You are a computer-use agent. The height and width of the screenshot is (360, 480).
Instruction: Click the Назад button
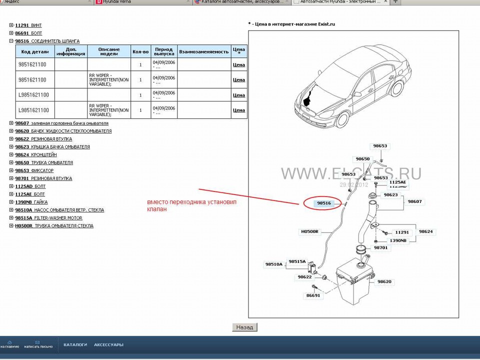(244, 327)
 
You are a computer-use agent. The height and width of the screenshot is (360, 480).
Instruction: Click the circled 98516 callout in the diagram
(324, 203)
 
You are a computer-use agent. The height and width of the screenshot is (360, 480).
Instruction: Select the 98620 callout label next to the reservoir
(384, 282)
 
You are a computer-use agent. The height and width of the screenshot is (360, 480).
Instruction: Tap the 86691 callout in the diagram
(313, 295)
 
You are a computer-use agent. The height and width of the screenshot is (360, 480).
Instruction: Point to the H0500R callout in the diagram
(309, 232)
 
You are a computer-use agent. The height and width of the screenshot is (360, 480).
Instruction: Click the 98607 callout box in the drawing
(414, 201)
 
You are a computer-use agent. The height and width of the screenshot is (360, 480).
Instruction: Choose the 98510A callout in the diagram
(273, 264)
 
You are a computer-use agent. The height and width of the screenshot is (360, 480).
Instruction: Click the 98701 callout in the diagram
(380, 248)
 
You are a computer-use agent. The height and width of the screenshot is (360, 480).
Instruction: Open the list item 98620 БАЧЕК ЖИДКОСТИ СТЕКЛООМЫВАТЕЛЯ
(63, 131)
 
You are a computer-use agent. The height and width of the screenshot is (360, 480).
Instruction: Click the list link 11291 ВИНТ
(28, 25)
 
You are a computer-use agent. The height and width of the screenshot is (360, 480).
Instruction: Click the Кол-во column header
(140, 51)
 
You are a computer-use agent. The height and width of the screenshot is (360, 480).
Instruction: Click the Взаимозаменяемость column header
(203, 51)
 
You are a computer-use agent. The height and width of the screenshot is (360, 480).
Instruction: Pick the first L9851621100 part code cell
(33, 95)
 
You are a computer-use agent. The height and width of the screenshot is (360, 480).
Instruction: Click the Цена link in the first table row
(238, 65)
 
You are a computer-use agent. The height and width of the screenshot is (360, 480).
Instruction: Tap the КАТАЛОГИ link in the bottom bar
(75, 345)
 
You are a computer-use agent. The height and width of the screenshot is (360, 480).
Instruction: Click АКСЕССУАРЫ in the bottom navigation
(108, 345)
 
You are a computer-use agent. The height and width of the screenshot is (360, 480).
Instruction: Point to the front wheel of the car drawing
(342, 119)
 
